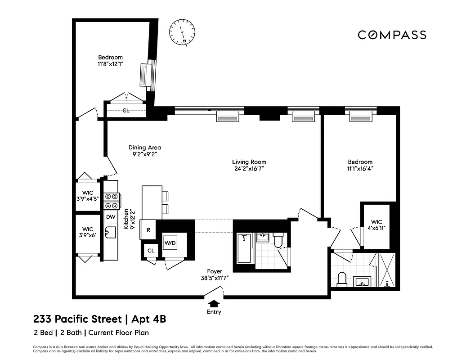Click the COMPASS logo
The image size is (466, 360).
pos(392,35)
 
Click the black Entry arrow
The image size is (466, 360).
pos(215,303)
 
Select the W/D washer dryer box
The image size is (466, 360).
pos(170,243)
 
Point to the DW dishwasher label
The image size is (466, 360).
pos(111,217)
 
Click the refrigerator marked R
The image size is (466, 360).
pos(148,229)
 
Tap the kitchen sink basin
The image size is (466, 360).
pos(110,233)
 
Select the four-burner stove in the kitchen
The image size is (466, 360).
pos(111,201)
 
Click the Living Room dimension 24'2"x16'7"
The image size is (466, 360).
pos(249,169)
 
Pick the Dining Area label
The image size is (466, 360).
pos(144,147)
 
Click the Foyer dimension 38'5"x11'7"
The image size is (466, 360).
pos(215,278)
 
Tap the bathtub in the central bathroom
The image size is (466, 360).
pos(243,248)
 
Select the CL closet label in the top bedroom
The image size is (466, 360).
pos(126,110)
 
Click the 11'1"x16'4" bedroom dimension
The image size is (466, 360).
pos(360,169)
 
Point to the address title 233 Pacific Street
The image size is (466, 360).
pos(77,319)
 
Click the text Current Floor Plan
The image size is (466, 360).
pos(119,333)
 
